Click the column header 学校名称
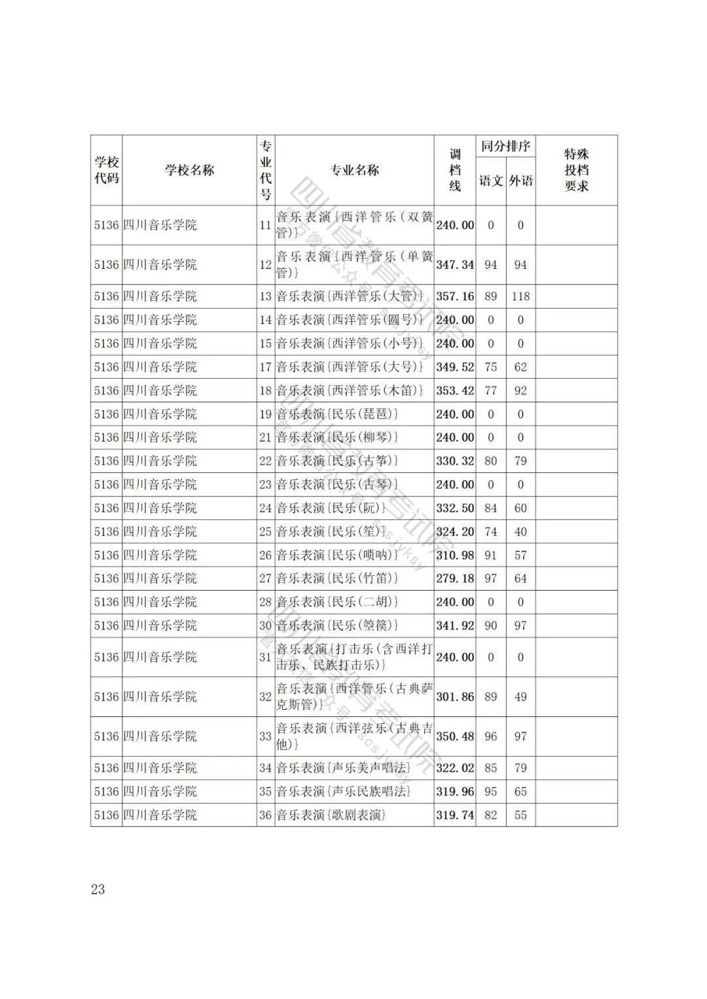click(x=189, y=170)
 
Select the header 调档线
click(x=454, y=170)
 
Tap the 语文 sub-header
click(x=490, y=181)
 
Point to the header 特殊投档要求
click(x=576, y=170)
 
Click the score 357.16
click(x=455, y=296)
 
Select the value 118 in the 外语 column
click(x=520, y=296)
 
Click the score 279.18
click(x=455, y=578)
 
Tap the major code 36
click(x=265, y=815)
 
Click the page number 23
click(x=98, y=889)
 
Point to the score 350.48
click(x=455, y=736)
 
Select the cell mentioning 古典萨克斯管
click(x=353, y=697)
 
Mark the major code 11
click(x=265, y=225)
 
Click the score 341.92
click(x=455, y=625)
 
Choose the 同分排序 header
click(x=505, y=147)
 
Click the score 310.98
click(x=455, y=555)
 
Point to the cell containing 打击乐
click(x=353, y=657)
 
